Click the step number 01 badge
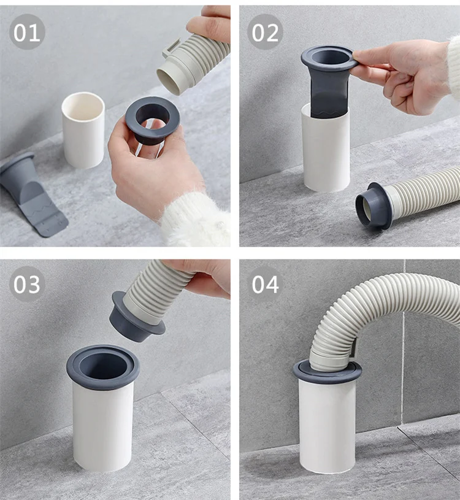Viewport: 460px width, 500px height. pos(27,32)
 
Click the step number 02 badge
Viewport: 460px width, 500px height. pos(265,32)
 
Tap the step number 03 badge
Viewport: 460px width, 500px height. pos(27,284)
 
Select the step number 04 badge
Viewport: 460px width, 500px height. pos(265,284)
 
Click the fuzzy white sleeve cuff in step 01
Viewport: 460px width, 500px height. pos(193,221)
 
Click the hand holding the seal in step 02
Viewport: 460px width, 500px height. pos(408,77)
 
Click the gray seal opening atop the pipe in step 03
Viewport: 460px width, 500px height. pos(103,366)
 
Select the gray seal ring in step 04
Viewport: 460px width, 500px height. pos(327,372)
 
